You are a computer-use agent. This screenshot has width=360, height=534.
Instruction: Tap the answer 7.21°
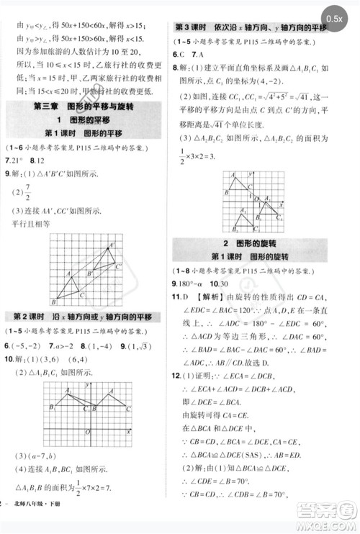15,160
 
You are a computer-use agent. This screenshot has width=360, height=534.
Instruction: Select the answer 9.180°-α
195,284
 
